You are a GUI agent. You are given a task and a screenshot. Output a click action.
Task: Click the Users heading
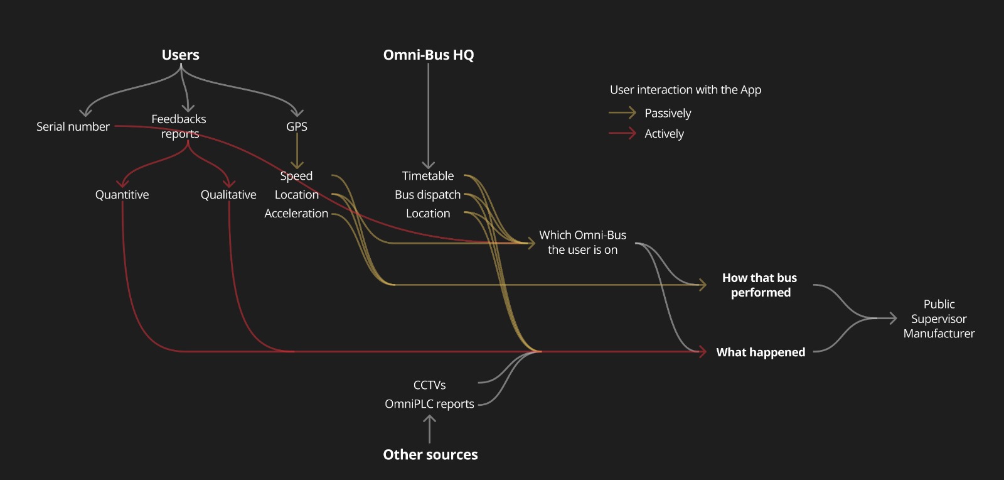[x=180, y=55]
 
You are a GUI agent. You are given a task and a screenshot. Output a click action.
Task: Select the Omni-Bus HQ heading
[x=429, y=55]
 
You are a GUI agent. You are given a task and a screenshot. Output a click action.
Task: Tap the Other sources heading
[x=430, y=455]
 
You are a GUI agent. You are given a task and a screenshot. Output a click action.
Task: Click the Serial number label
[x=73, y=127]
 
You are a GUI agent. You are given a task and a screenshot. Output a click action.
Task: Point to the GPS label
[x=297, y=127]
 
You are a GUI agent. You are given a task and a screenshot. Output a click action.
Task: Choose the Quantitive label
[x=122, y=195]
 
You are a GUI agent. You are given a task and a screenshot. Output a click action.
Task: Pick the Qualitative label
[x=228, y=195]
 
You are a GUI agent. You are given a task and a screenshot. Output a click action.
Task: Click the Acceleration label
[x=296, y=214]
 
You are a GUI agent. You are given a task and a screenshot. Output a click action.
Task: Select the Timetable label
[x=428, y=176]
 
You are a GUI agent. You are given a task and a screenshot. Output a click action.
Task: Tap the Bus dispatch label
[x=427, y=195]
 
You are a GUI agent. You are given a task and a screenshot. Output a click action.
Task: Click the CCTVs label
[x=429, y=385]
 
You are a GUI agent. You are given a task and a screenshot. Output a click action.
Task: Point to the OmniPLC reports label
[x=429, y=404]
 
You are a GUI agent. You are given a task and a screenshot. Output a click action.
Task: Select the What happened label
[x=761, y=352]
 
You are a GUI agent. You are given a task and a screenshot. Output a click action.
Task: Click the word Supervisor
[x=939, y=319]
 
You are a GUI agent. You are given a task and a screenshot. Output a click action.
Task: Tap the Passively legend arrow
[x=622, y=113]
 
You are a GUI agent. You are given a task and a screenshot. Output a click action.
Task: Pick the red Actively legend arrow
[x=622, y=133]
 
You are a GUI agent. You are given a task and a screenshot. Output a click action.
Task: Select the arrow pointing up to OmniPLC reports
[x=430, y=428]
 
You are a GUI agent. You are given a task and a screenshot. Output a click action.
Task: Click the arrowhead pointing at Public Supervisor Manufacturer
[x=892, y=319]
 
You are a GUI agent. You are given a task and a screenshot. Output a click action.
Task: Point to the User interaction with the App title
[x=685, y=90]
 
